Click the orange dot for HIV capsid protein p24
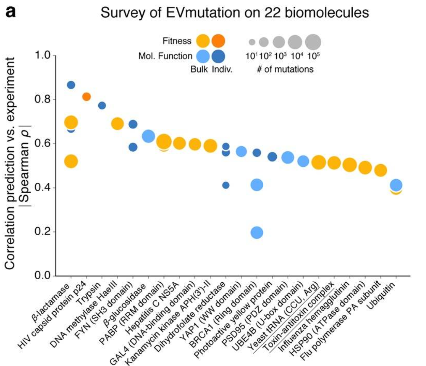tap(86, 97)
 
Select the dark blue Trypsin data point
tap(102, 105)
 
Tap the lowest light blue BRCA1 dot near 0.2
tap(257, 233)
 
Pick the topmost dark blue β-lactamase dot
tap(71, 85)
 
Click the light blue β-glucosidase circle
tap(148, 136)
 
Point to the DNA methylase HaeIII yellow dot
tap(117, 124)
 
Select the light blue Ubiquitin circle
tap(396, 185)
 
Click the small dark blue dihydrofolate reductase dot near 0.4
tap(226, 185)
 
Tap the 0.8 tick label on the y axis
tap(42, 100)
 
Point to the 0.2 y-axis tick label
tap(42, 232)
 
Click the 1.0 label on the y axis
tap(42, 56)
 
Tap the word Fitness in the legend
tap(177, 41)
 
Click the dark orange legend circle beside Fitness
tap(218, 41)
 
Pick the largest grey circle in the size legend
tap(313, 42)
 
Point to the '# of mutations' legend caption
tap(285, 69)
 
